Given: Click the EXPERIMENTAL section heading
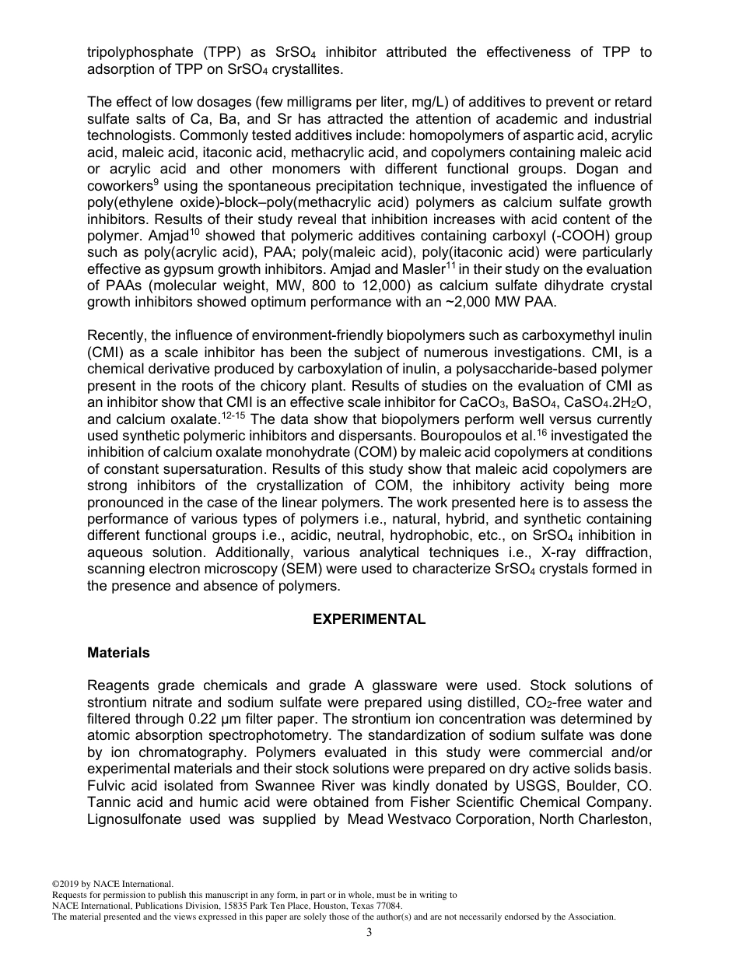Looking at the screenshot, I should point(369,619).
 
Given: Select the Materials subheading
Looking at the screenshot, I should point(118,653).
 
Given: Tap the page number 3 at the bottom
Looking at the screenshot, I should point(369,933).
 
